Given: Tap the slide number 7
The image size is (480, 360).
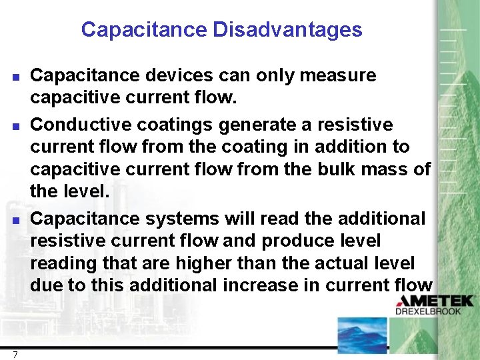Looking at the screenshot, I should pyautogui.click(x=15, y=354).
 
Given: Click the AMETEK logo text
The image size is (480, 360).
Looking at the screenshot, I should pyautogui.click(x=436, y=301).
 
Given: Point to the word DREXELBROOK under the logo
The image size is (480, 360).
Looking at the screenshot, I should pyautogui.click(x=437, y=311).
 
